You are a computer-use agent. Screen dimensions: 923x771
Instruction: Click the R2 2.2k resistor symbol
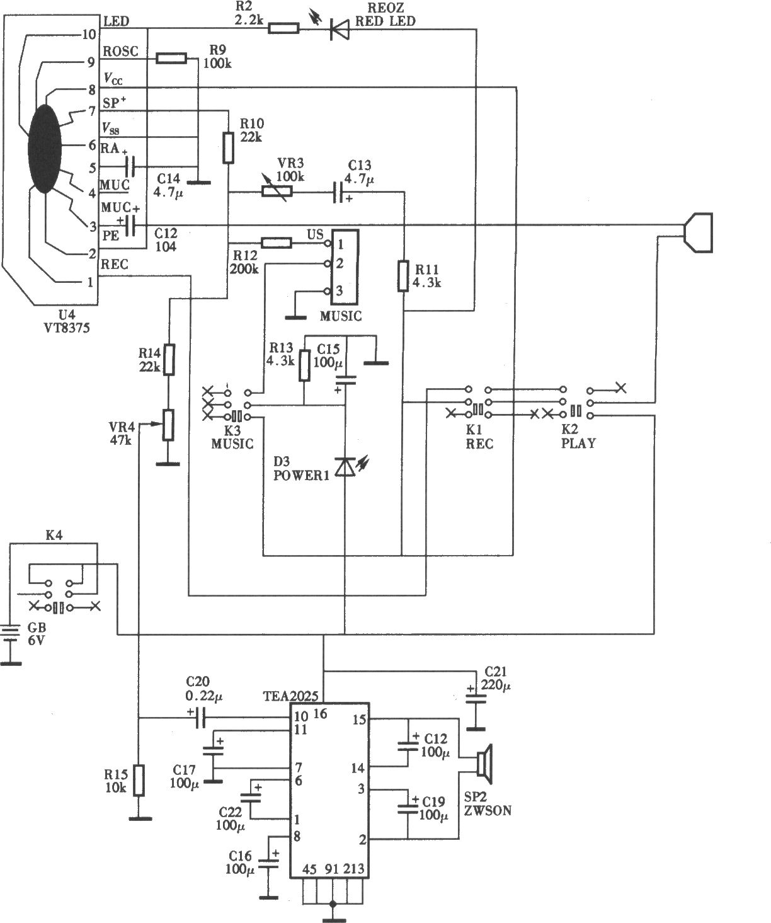(x=283, y=28)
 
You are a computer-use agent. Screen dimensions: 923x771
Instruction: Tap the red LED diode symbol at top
(x=340, y=28)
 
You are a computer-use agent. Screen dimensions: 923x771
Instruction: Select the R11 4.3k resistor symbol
(x=403, y=276)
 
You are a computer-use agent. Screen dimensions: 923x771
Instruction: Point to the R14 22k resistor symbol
(x=168, y=360)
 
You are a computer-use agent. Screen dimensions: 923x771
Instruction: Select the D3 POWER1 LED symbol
(x=345, y=466)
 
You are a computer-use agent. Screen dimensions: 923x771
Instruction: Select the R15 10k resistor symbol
(x=140, y=780)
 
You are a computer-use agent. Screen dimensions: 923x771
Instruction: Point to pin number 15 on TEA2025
(x=359, y=719)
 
